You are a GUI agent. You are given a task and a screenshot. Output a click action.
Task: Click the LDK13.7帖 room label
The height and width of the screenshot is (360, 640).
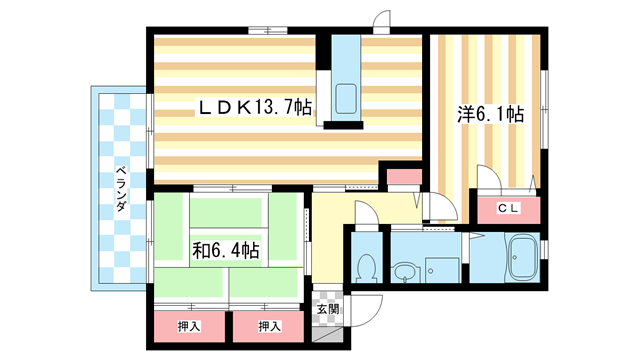[255, 107]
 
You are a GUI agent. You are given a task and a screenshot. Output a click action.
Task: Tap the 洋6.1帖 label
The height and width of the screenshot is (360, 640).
[491, 114]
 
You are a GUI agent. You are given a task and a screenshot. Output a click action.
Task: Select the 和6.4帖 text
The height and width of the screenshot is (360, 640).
[226, 250]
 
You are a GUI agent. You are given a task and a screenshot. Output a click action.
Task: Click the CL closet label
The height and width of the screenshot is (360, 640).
[508, 208]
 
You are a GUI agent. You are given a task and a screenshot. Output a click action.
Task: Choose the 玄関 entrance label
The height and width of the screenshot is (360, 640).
[328, 309]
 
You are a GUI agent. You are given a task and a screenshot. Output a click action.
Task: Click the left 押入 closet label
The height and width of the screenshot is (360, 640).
[189, 326]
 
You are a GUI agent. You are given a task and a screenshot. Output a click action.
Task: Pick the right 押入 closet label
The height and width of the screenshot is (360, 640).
[269, 326]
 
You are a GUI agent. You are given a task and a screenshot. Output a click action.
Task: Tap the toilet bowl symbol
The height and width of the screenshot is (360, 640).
[367, 267]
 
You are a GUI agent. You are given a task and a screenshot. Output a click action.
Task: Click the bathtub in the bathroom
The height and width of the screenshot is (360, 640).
[523, 257]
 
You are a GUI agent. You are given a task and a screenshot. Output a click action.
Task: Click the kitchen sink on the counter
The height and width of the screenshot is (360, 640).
[346, 99]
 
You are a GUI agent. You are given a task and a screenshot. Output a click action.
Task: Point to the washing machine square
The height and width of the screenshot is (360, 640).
[442, 270]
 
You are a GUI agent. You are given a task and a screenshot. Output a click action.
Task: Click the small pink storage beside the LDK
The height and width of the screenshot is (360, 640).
[404, 176]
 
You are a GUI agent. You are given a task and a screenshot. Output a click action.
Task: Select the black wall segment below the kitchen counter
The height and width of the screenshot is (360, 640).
[343, 125]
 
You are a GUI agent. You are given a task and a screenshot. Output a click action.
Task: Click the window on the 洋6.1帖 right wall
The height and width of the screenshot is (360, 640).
[544, 109]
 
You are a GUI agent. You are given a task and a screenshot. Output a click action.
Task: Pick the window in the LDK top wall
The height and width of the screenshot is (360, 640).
[268, 30]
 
